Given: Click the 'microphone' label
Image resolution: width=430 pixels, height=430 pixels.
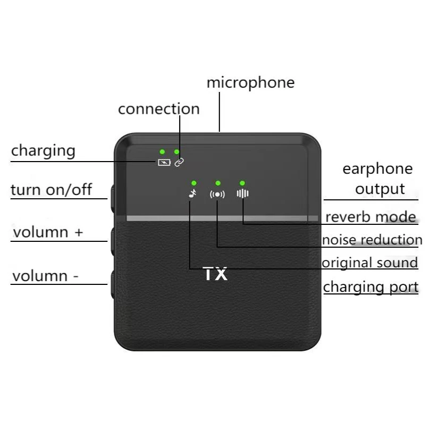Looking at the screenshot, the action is pos(251,83).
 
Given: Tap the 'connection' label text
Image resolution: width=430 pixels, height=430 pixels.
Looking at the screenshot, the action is pos(159,109).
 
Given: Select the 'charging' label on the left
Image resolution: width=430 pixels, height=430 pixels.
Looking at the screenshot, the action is pos(43,151).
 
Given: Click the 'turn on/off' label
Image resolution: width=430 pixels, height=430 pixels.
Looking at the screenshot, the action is pos(51,190).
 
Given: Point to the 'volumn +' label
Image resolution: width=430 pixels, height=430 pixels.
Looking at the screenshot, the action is pos(48,232).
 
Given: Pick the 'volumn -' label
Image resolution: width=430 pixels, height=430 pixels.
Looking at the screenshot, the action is pos(46,276).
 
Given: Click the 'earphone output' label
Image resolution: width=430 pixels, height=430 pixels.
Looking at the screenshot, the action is pos(377,179).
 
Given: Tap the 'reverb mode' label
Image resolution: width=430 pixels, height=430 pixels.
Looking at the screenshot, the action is pos(370,217).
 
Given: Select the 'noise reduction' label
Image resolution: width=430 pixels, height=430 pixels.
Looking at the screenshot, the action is pos(372,240).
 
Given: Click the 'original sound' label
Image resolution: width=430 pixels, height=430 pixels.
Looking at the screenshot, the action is pos(369,263).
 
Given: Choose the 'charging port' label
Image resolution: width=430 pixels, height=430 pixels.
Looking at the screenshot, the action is pos(371,287).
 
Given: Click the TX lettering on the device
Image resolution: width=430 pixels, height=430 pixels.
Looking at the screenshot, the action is pos(215,274).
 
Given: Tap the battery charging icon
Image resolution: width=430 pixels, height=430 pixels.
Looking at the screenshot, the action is pos(164,162).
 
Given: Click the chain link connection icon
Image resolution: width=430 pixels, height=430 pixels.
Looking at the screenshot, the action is pos(179,162).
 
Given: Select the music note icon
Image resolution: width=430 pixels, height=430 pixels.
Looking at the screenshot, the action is pos(192,193).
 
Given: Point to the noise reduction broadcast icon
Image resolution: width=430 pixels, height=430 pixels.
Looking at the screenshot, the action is pos(217,195).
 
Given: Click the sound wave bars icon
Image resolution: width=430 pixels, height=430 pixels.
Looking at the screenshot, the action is pos(243,193).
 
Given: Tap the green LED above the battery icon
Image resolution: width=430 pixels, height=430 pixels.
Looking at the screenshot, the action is pos(162,151).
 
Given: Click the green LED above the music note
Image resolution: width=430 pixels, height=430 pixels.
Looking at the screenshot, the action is pos(194,183).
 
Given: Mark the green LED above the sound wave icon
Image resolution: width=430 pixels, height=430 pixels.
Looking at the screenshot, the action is pos(242,183).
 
